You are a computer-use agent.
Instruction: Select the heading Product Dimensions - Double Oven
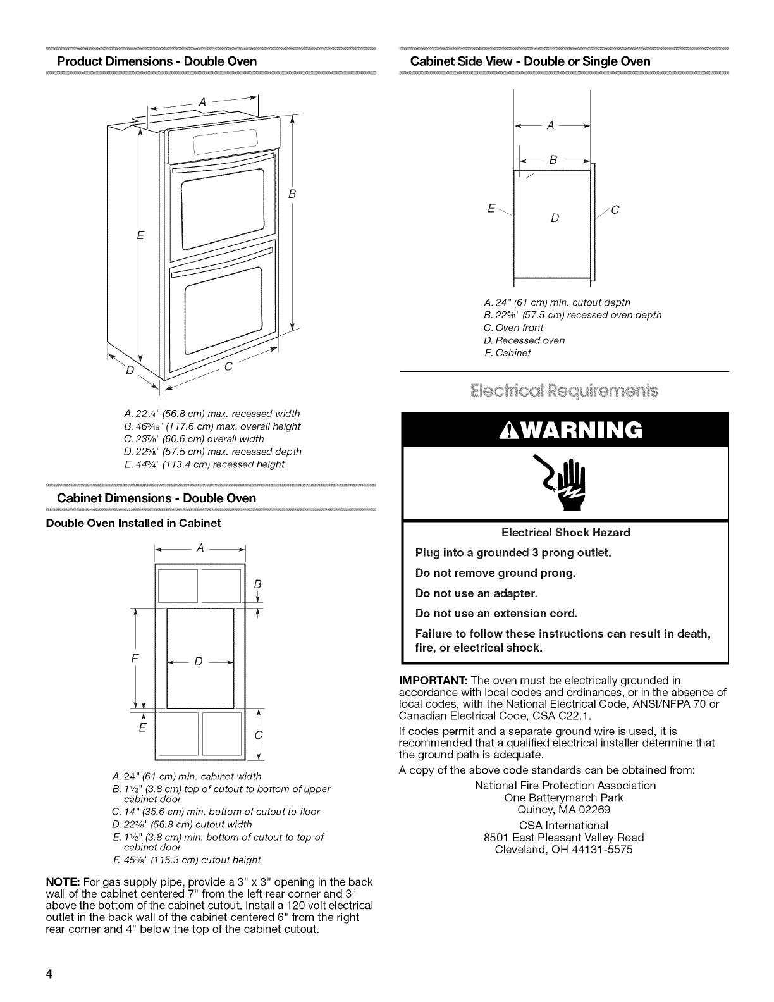coord(157,61)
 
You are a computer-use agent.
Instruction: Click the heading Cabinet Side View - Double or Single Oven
coord(530,61)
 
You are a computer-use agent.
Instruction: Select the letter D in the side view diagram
coord(554,219)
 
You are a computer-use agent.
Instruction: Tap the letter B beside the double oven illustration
coord(292,194)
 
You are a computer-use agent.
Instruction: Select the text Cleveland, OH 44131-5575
coord(564,850)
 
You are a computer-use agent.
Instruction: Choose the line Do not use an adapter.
coord(476,593)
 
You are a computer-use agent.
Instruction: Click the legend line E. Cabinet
coord(507,353)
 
